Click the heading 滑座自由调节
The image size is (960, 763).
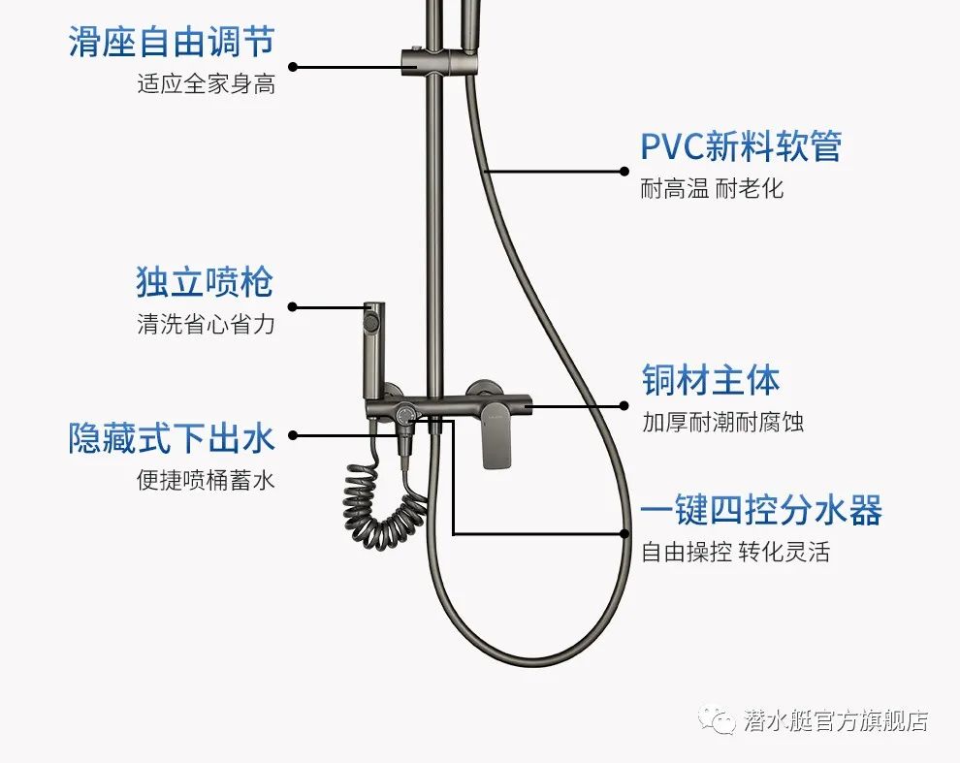[x=171, y=43]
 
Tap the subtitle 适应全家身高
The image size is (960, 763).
[x=206, y=84]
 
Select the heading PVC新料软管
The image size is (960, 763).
[x=741, y=146]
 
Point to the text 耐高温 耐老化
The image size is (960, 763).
[x=712, y=188]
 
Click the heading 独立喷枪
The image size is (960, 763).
[x=205, y=283]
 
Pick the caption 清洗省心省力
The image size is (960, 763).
[x=206, y=325]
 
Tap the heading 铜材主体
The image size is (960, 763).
[x=711, y=380]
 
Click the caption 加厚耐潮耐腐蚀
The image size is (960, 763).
[x=722, y=422]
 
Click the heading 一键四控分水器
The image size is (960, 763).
[x=761, y=510]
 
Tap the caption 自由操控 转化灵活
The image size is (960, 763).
[x=735, y=553]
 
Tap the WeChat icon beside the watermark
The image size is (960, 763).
[x=722, y=720]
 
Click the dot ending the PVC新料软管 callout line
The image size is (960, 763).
[x=624, y=172]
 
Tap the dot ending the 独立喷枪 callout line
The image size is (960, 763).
[x=293, y=307]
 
